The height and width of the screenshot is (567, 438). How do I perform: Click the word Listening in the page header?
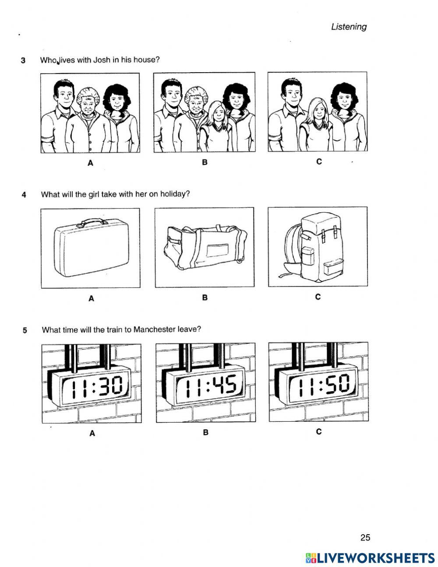[x=349, y=27]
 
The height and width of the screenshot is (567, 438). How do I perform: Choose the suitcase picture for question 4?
[x=90, y=248]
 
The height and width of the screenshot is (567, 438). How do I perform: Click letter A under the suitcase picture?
[x=91, y=299]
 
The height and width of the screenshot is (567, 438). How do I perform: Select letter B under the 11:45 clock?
[x=205, y=433]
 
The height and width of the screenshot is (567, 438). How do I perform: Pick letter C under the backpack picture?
[x=318, y=297]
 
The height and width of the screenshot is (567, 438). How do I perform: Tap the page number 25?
[x=365, y=538]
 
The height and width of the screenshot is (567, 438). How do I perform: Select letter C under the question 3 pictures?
[x=319, y=161]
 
